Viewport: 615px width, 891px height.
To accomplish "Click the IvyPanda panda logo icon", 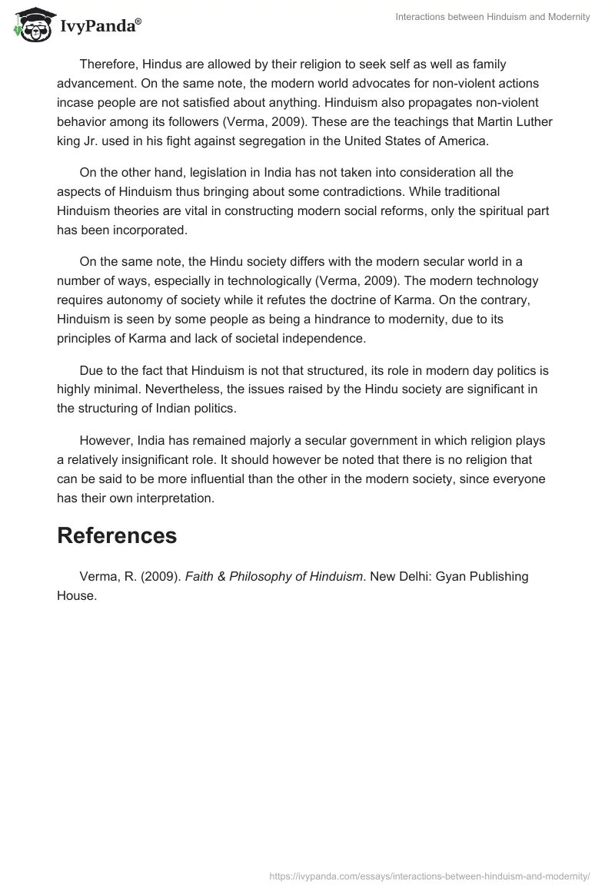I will tap(30, 24).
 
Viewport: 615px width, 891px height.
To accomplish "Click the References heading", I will tap(117, 535).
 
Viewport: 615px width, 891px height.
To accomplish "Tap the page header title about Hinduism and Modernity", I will tap(493, 17).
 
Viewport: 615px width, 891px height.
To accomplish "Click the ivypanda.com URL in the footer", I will tap(429, 876).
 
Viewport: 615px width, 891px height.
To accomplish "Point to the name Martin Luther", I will tap(514, 121).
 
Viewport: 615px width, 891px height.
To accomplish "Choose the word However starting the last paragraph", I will tap(105, 440).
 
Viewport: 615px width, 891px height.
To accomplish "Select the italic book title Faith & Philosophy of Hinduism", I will tap(274, 576).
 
